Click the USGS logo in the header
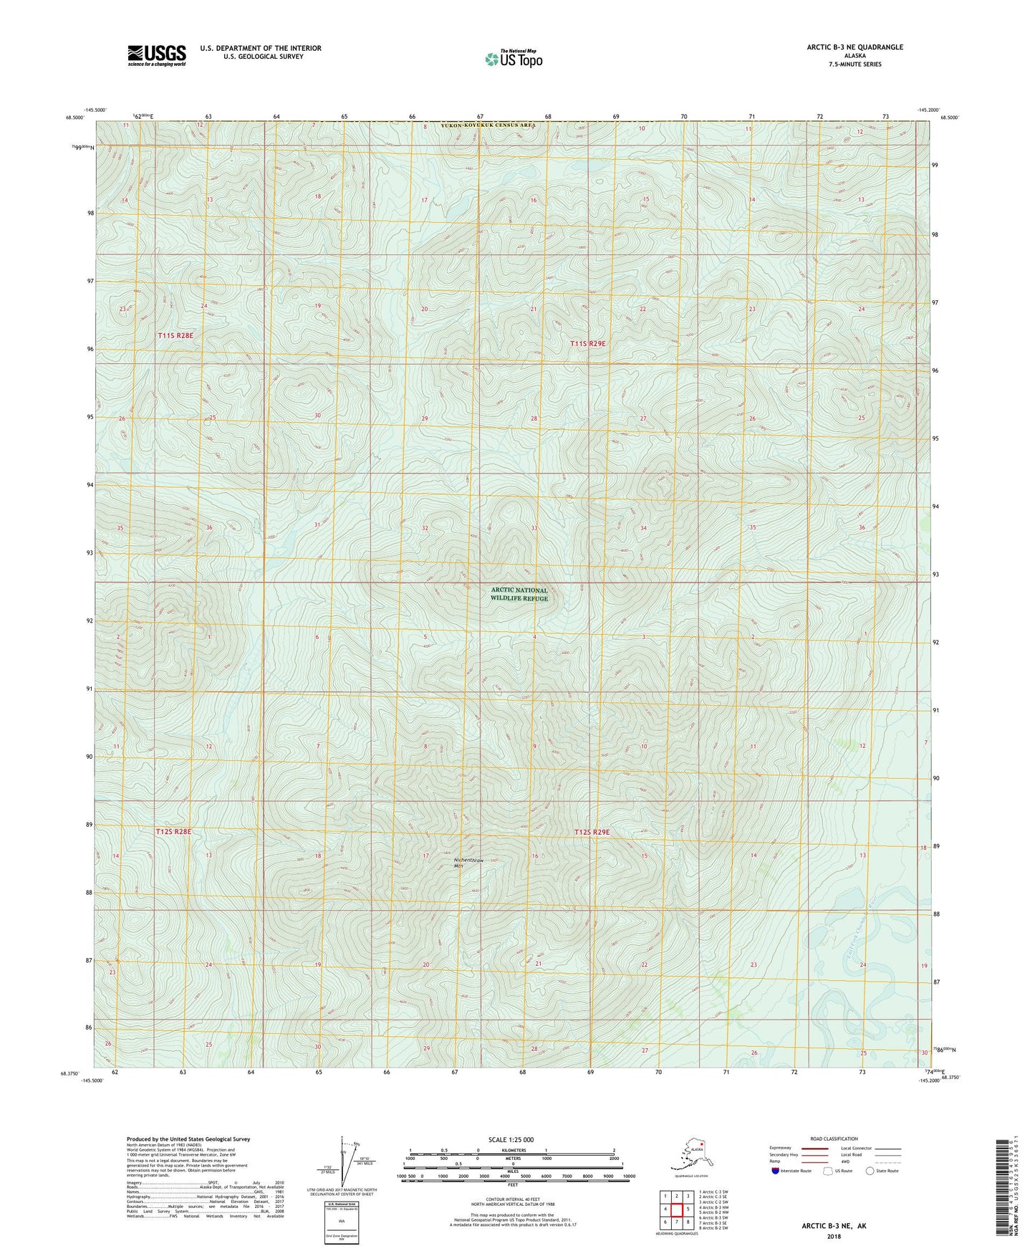(x=156, y=55)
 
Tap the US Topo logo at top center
(x=514, y=59)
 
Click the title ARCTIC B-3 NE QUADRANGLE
(x=855, y=47)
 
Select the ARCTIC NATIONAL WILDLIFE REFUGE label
(x=519, y=595)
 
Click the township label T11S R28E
(x=175, y=335)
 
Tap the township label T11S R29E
(x=588, y=344)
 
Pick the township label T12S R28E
(x=173, y=832)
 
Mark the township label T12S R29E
(x=592, y=832)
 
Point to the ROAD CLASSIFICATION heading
(x=834, y=1139)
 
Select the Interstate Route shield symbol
(x=775, y=1171)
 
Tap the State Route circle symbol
(x=870, y=1171)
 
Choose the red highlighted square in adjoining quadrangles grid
(x=676, y=1209)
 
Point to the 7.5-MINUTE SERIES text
(x=855, y=64)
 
